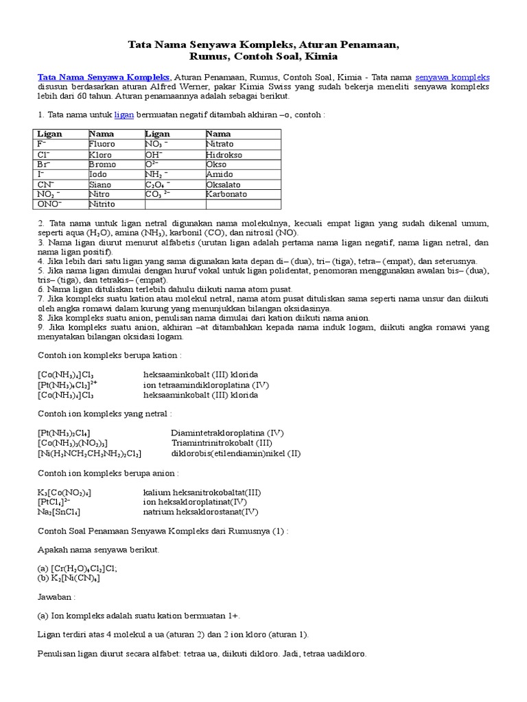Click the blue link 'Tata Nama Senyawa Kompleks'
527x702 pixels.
coord(103,77)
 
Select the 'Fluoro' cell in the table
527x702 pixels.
coord(102,145)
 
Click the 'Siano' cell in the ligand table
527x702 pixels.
coord(100,184)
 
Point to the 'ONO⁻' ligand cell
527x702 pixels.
coord(49,204)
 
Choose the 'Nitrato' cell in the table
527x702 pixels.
coord(220,145)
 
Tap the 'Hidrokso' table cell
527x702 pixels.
coord(224,154)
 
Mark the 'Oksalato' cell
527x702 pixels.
coord(224,184)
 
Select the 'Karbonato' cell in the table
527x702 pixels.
coord(226,194)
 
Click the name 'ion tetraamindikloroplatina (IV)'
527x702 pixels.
coord(207,385)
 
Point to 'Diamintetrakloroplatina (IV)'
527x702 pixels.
coord(227,433)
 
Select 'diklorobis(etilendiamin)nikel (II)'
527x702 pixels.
coord(235,453)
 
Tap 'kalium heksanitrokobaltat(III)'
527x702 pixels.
coord(202,492)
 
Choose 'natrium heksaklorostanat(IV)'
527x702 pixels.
coord(200,511)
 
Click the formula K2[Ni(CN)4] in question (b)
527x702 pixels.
coord(69,579)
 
